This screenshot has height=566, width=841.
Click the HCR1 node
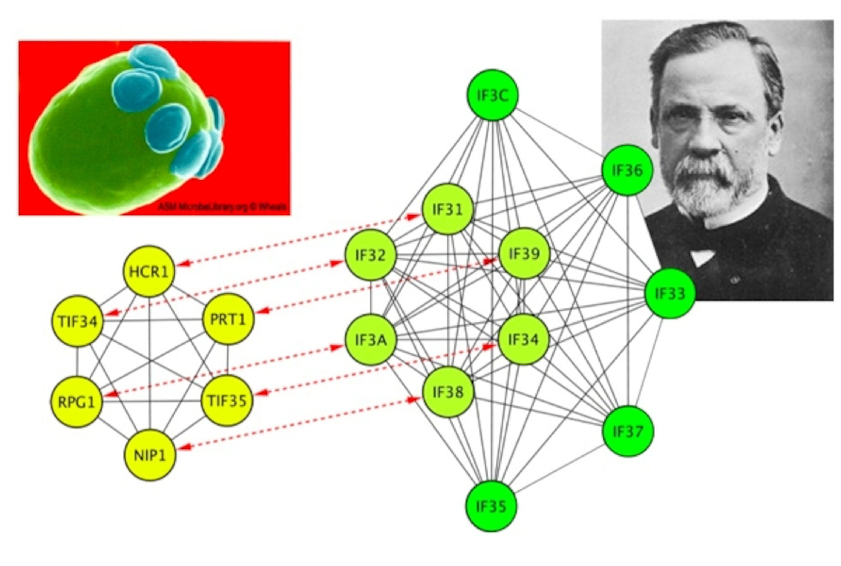(149, 272)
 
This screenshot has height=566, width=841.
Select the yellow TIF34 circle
(77, 321)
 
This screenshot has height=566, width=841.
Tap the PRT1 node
(228, 319)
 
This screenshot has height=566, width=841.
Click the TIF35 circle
(227, 400)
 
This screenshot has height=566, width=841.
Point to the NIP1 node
(150, 455)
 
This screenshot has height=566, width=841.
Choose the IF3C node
(492, 95)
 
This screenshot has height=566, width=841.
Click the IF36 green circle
(627, 170)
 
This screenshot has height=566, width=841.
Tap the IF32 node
(370, 255)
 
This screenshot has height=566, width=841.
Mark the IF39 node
(524, 253)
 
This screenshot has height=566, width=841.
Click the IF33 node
(670, 293)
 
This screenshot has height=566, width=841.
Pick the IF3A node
(370, 340)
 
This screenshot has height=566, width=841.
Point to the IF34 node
(523, 339)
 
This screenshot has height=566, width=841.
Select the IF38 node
(448, 392)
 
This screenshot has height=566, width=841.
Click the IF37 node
(628, 431)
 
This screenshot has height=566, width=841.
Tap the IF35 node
(491, 506)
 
